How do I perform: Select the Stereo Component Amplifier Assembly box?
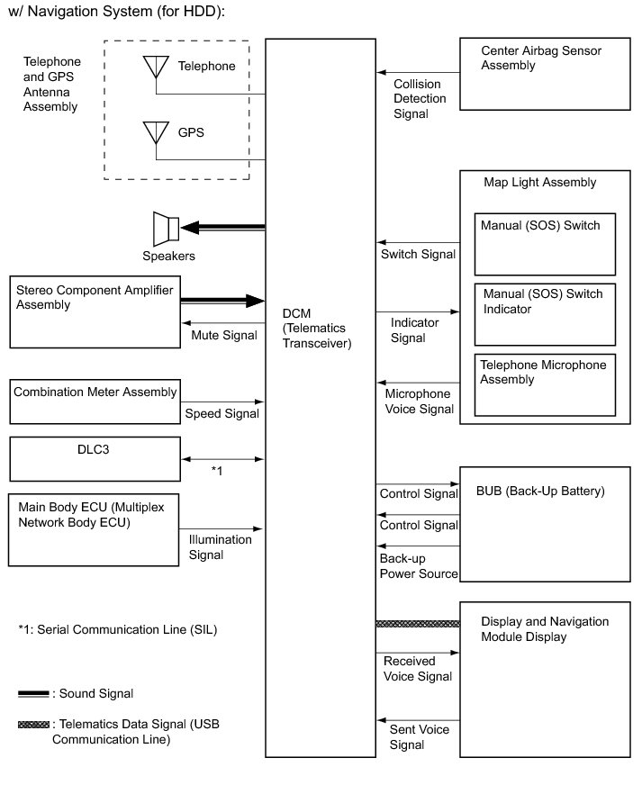(94, 311)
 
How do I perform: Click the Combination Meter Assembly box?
(94, 402)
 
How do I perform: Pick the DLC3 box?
(94, 459)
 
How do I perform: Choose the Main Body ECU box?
(94, 528)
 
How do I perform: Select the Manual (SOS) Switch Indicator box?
(545, 313)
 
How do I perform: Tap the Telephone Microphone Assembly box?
(545, 385)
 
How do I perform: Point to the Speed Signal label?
(222, 414)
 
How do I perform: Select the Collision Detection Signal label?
(424, 99)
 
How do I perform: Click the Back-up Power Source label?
(419, 566)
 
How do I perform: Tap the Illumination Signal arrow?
(222, 528)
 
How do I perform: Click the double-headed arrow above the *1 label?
(222, 459)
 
